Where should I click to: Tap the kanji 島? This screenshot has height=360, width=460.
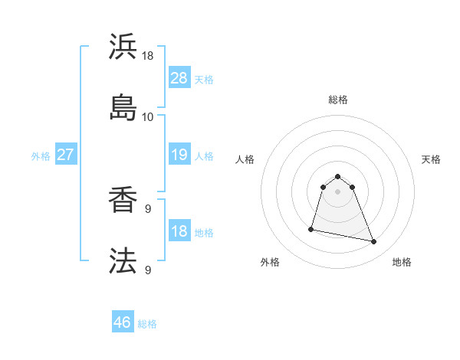click(123, 107)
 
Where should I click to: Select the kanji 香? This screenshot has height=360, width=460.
click(123, 201)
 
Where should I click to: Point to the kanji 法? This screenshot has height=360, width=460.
click(123, 261)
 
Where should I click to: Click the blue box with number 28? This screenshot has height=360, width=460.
click(179, 77)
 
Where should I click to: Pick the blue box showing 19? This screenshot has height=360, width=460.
click(179, 155)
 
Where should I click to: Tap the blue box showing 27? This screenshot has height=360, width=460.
click(66, 155)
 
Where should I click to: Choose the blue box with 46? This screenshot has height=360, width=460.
click(123, 322)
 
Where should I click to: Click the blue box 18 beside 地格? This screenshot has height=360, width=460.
click(179, 231)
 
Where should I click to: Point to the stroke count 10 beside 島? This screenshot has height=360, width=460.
click(147, 117)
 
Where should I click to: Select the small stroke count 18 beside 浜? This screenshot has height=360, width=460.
click(147, 57)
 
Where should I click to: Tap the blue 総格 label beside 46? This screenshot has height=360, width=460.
click(147, 324)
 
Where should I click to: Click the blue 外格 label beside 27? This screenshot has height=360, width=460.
click(41, 156)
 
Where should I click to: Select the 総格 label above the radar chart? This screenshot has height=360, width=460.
click(338, 100)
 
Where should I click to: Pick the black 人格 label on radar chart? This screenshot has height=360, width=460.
click(245, 159)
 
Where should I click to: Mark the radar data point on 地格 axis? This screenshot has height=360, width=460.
click(374, 242)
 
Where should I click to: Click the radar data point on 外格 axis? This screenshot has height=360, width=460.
click(311, 228)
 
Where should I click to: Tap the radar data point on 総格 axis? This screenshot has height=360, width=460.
click(338, 174)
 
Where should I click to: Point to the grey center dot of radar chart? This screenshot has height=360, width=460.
click(338, 191)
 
